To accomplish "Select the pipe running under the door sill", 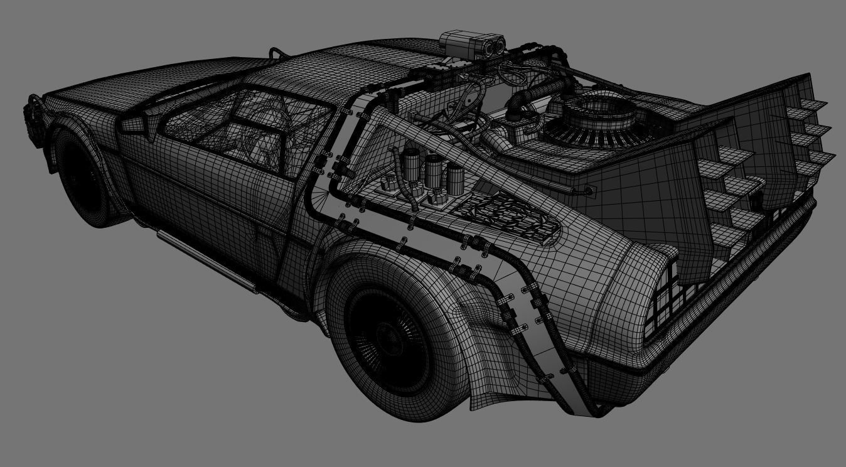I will pos(207,259).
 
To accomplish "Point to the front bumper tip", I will pos(31,116).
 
